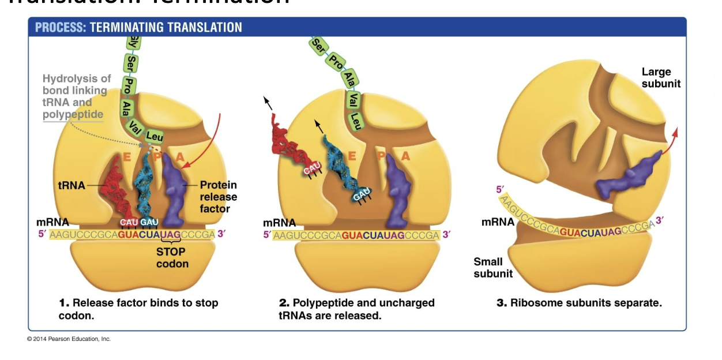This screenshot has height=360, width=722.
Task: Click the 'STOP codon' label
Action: (171, 257)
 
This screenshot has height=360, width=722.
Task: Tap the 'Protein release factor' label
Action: (218, 197)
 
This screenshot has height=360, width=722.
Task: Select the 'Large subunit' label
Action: (660, 77)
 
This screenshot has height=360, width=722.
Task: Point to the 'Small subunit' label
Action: (493, 268)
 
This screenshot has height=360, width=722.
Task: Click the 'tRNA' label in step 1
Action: (71, 186)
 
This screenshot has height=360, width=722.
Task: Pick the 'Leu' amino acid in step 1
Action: (155, 137)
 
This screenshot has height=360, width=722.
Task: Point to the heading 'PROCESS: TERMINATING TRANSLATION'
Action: (138, 27)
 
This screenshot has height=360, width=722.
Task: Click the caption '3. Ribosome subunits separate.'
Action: (579, 303)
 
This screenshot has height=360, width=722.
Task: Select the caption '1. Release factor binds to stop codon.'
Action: (138, 309)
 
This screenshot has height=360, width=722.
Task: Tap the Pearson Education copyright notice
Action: (69, 339)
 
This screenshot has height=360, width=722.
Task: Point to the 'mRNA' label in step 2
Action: (279, 223)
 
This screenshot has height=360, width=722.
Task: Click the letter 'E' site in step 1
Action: (127, 156)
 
